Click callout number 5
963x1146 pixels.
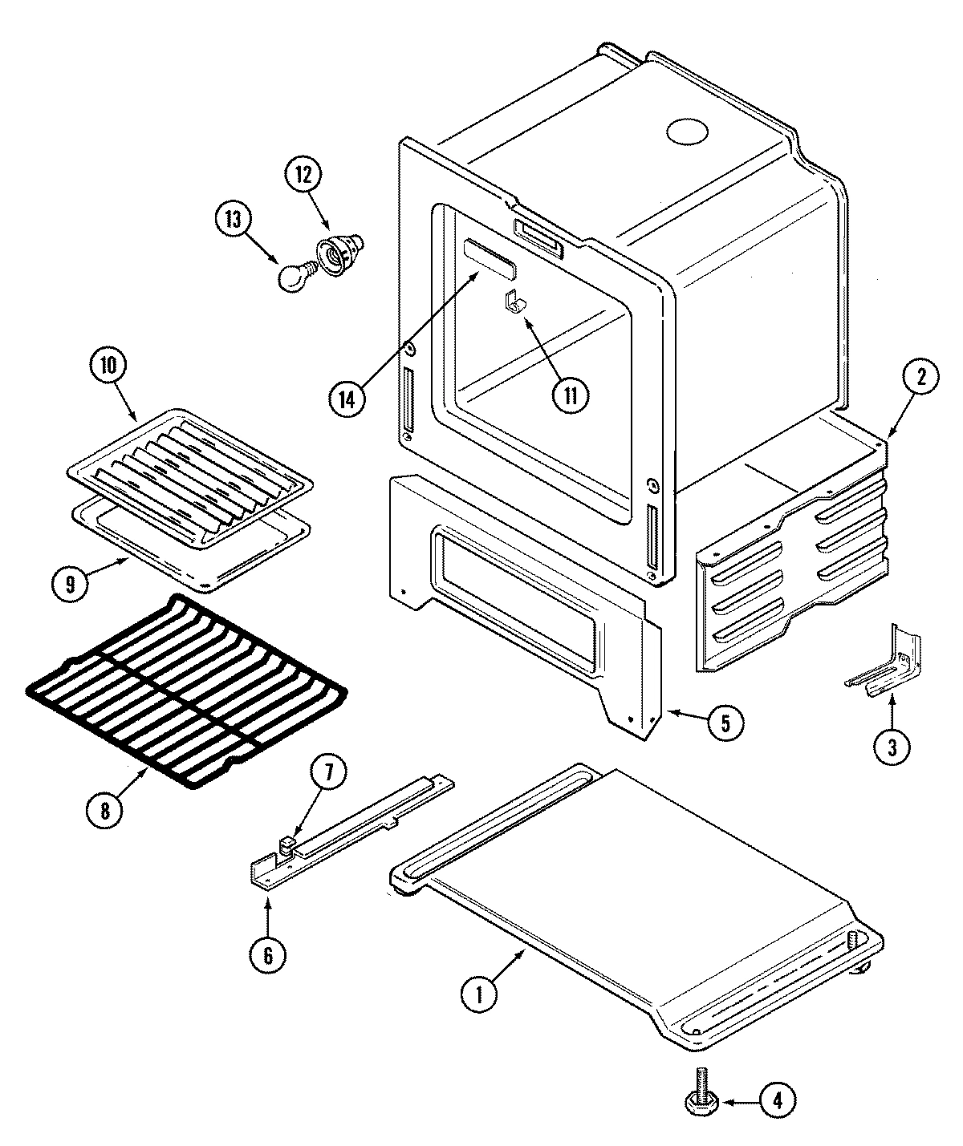[725, 723]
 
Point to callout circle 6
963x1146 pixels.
[267, 954]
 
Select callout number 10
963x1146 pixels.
[108, 366]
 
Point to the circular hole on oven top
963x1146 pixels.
[689, 131]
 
